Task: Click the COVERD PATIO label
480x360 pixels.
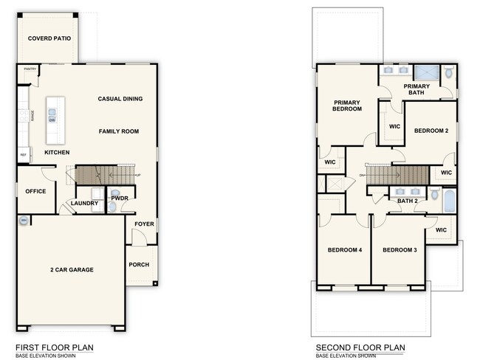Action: [x=49, y=38]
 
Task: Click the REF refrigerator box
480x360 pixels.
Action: [x=24, y=155]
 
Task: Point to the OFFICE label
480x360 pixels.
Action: [x=35, y=191]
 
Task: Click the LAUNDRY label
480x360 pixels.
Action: [x=84, y=204]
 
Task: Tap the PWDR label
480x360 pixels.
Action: [x=120, y=198]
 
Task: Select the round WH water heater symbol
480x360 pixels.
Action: [x=24, y=220]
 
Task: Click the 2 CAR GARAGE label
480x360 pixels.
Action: [x=72, y=270]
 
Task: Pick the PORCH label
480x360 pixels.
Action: [x=139, y=264]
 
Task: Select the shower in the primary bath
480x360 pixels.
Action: [x=425, y=73]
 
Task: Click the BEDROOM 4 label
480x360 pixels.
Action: [x=345, y=250]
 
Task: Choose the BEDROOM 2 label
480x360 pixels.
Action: [x=431, y=131]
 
